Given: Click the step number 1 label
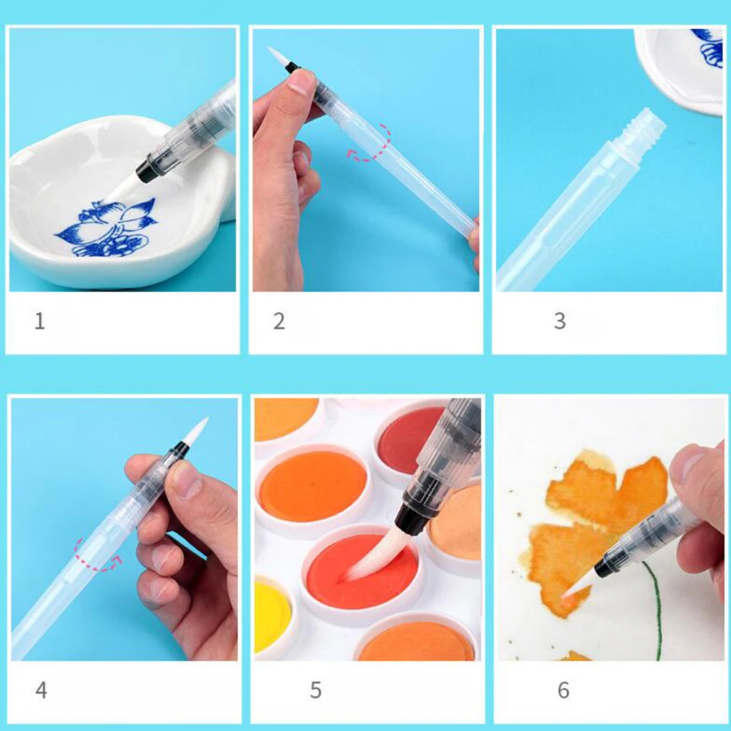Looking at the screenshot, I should (x=39, y=321).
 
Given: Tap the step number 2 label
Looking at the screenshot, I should (x=279, y=321).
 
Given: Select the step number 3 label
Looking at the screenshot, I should (x=560, y=321).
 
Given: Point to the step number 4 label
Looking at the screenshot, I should (x=42, y=689).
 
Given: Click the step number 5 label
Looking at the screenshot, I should (x=315, y=690).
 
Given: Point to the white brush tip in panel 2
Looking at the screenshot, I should (x=276, y=55).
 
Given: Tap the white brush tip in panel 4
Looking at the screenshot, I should (x=196, y=432).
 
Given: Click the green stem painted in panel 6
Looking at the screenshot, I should (x=657, y=613).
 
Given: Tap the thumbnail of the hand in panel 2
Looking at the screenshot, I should (x=301, y=80).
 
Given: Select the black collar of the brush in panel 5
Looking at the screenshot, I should (x=413, y=519).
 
